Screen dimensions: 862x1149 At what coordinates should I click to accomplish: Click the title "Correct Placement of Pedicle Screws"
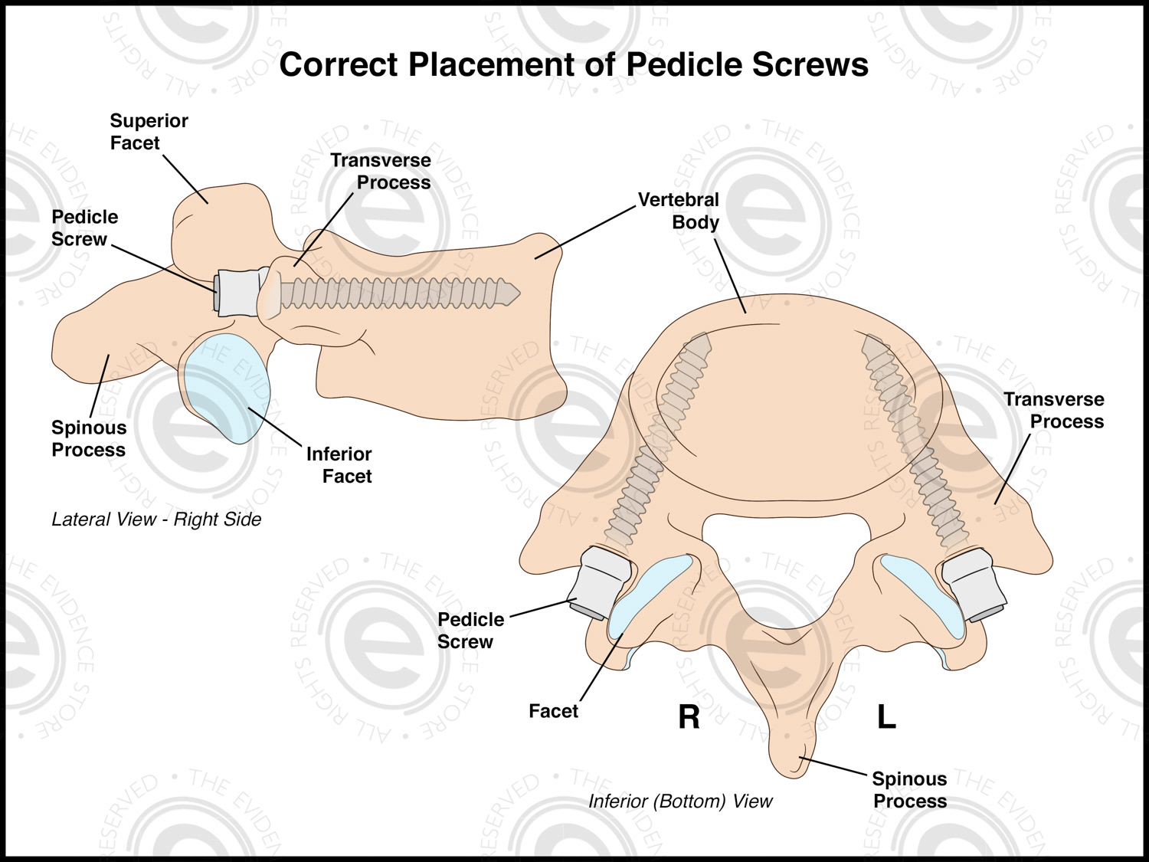click(574, 65)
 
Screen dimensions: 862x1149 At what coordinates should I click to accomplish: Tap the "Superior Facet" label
click(149, 132)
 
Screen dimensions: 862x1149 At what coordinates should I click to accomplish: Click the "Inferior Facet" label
click(339, 465)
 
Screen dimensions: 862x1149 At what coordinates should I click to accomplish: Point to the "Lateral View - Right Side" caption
click(156, 519)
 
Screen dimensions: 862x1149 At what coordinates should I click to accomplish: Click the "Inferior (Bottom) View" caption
click(680, 801)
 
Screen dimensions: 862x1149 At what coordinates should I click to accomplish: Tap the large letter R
click(689, 717)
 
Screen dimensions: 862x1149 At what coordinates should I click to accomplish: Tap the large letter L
click(886, 717)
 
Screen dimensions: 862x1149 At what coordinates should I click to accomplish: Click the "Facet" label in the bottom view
click(553, 711)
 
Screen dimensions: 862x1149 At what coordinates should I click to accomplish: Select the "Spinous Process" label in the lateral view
click(89, 439)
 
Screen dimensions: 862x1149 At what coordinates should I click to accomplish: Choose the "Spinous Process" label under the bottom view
click(910, 790)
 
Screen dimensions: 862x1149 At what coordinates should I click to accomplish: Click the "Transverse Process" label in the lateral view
click(381, 172)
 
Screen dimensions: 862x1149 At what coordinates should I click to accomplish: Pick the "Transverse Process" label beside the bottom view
click(1055, 411)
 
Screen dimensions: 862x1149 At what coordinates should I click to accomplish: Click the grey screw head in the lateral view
click(237, 292)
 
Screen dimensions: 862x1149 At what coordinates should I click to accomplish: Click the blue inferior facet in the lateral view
click(228, 387)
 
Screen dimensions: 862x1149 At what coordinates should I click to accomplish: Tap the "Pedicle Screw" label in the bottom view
click(470, 631)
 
